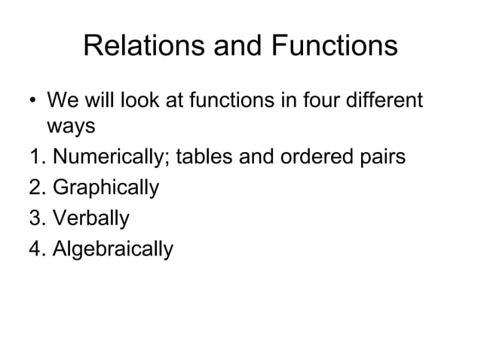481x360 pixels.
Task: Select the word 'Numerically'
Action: coord(115,159)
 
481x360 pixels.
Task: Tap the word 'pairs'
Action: coord(384,159)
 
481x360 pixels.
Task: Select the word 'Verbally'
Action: coord(91,218)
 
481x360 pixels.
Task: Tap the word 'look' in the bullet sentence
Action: coord(132,100)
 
